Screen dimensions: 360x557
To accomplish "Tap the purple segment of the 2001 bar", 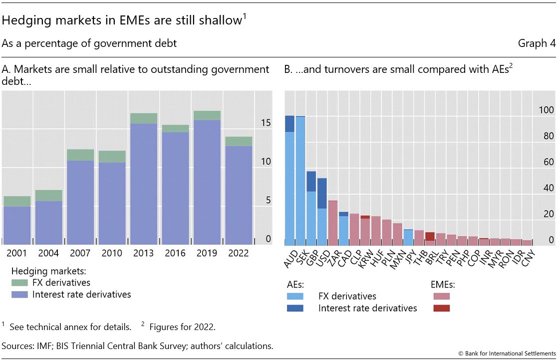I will click(17, 225).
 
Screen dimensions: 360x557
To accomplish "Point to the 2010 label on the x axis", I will click(112, 253).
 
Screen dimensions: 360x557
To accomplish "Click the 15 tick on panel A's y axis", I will click(266, 122).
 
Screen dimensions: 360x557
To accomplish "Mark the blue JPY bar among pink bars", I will click(408, 237).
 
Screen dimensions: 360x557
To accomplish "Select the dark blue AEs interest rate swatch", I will click(296, 308).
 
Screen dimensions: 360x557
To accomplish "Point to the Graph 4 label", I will click(536, 43).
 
